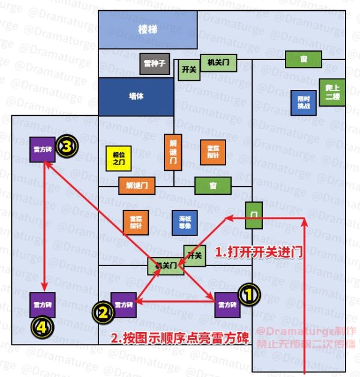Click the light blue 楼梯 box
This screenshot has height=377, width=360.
[x=148, y=29]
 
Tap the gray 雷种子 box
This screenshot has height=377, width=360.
[x=155, y=62]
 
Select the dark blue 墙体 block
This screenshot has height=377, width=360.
[x=136, y=96]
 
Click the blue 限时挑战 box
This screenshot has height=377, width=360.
[x=304, y=102]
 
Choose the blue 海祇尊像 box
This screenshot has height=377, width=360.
[x=184, y=222]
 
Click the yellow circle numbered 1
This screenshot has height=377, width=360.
[x=250, y=293]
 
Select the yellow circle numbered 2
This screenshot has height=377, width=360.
[x=103, y=311]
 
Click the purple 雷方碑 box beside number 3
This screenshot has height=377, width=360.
[x=42, y=149]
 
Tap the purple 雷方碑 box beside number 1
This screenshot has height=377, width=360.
[x=227, y=304]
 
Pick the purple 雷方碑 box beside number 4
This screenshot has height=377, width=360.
[x=43, y=304]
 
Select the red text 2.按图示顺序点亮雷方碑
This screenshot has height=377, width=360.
[x=180, y=337]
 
